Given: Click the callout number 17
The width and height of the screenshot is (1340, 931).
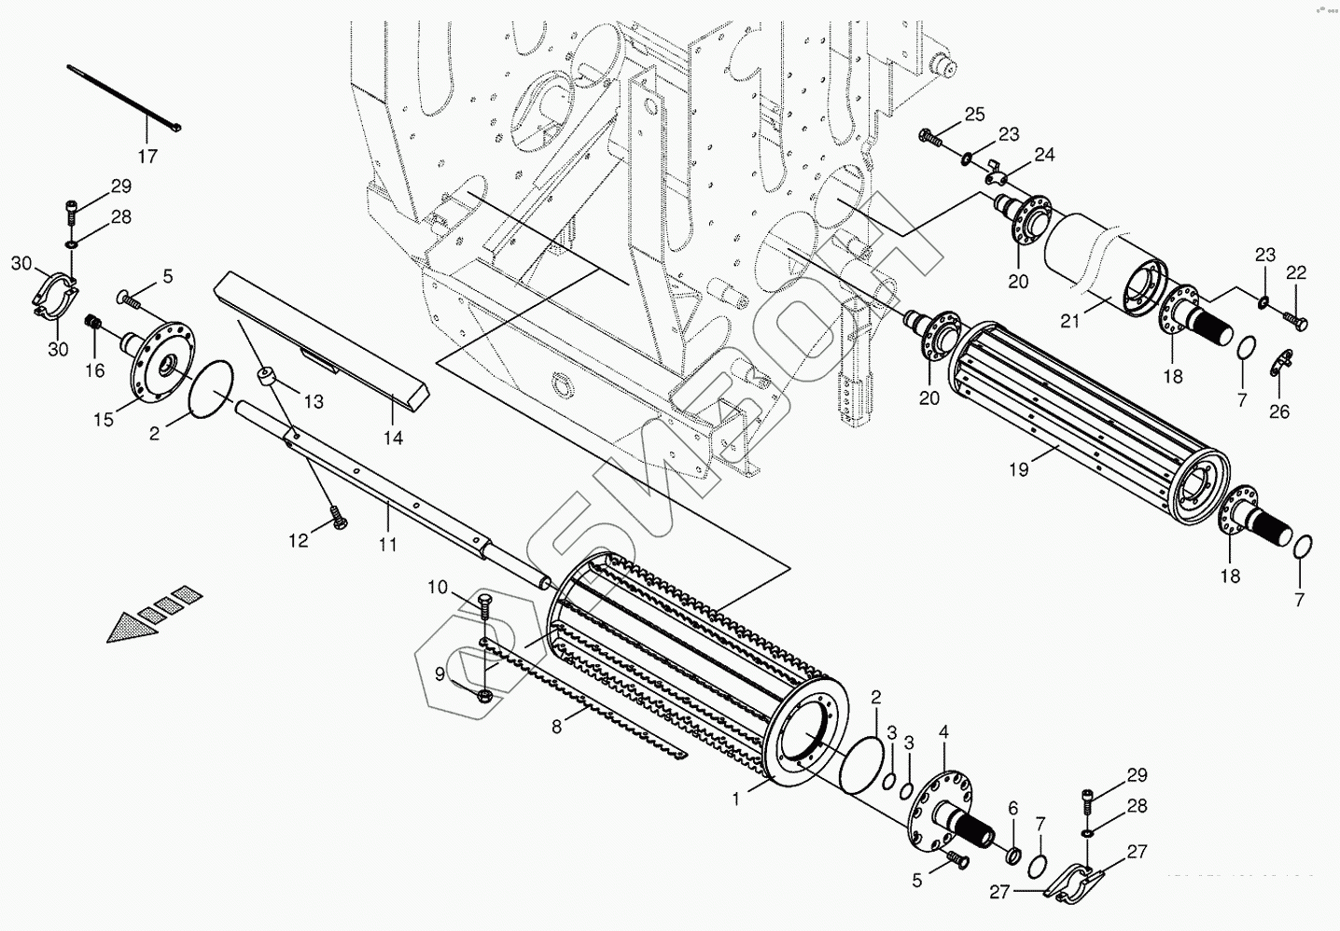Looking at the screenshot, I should point(147,156).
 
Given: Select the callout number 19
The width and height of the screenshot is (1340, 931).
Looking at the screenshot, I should point(1019,469).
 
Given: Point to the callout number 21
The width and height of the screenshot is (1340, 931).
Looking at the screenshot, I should point(1070,321).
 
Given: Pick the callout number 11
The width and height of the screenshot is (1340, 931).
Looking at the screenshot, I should point(387,543).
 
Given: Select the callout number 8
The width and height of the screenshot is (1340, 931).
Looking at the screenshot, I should point(557,726).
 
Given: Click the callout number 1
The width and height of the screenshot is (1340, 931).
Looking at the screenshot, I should point(736,799).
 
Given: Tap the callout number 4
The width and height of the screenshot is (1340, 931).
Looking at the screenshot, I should point(943,733).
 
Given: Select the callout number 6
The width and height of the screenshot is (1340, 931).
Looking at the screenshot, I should point(1013,808).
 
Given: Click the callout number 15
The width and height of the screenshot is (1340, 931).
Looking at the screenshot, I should point(104,420).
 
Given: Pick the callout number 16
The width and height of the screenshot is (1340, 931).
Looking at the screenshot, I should point(95,370).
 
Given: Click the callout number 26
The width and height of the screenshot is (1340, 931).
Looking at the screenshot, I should point(1278,410).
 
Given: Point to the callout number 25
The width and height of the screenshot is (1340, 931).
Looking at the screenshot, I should point(974,115).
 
